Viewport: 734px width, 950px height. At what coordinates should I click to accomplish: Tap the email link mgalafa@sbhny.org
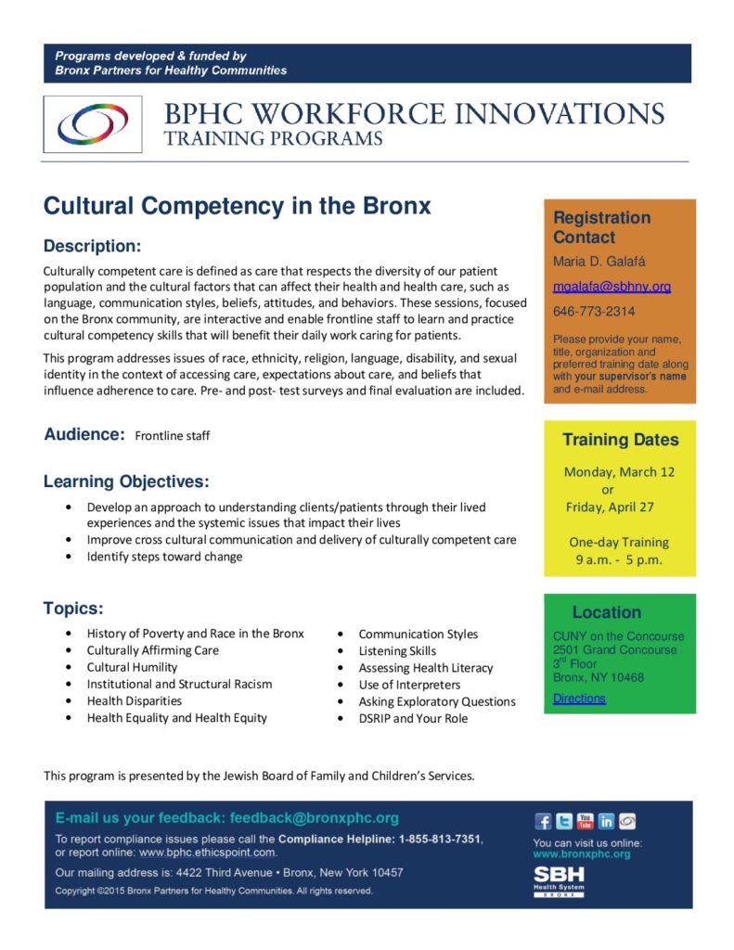coord(612,287)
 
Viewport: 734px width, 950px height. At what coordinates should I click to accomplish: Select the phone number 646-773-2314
coord(594,312)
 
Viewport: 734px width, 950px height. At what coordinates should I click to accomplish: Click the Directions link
coord(579,699)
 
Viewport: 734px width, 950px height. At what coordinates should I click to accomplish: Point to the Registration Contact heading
coord(601,226)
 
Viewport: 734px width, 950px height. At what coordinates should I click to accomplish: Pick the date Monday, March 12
coord(619,471)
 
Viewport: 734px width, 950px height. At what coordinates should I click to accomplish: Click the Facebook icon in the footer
coord(544,821)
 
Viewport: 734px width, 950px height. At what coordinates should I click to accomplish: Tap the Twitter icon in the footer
coord(564,821)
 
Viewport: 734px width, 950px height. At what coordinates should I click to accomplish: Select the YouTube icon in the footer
coord(586,821)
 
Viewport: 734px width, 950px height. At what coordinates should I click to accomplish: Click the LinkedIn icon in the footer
coord(606,821)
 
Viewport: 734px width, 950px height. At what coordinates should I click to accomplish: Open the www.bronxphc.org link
coord(581,854)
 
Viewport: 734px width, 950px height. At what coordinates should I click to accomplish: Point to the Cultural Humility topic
coord(132,667)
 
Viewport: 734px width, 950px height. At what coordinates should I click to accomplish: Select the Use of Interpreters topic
coord(409,685)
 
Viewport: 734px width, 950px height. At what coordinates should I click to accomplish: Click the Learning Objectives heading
coord(126,481)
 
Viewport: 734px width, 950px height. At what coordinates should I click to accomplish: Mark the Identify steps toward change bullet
coord(164,557)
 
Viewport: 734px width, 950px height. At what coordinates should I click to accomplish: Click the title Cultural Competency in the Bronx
coord(238,205)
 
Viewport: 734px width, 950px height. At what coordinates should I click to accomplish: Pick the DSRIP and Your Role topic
coord(413,718)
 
